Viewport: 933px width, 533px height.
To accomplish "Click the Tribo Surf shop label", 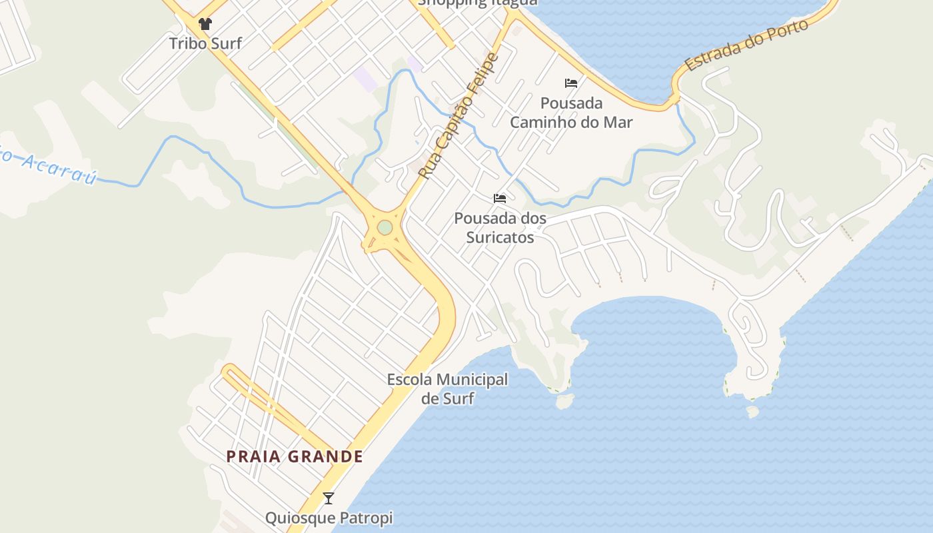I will (x=205, y=43).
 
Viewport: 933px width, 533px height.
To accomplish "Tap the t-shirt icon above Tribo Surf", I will (x=205, y=24).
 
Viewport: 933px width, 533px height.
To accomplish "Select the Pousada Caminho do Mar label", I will (x=571, y=113).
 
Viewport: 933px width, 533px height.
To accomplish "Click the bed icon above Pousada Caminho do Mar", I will (x=571, y=83).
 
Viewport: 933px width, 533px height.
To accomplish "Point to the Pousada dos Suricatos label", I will (x=500, y=227).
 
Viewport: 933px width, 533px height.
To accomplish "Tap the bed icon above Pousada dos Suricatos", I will (x=500, y=199).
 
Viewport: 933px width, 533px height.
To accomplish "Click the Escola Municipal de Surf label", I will (x=447, y=389).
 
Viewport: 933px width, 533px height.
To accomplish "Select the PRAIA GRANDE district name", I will (x=295, y=456).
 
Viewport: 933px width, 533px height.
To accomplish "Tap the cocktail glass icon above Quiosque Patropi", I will (x=328, y=498).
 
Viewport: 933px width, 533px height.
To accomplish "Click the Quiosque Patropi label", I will (x=329, y=518).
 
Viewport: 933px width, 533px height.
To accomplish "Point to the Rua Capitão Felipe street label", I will (x=459, y=116).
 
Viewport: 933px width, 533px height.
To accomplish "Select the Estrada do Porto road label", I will (x=746, y=45).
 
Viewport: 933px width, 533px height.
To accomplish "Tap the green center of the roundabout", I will (x=385, y=228).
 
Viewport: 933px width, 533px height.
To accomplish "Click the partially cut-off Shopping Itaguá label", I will (x=477, y=3).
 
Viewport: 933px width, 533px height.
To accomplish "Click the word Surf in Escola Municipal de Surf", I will (x=459, y=398).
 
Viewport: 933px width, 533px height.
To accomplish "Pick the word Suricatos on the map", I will (x=500, y=237).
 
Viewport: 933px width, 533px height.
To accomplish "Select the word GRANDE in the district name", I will (x=327, y=456).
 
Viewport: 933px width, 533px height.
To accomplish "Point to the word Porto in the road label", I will (x=788, y=31).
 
